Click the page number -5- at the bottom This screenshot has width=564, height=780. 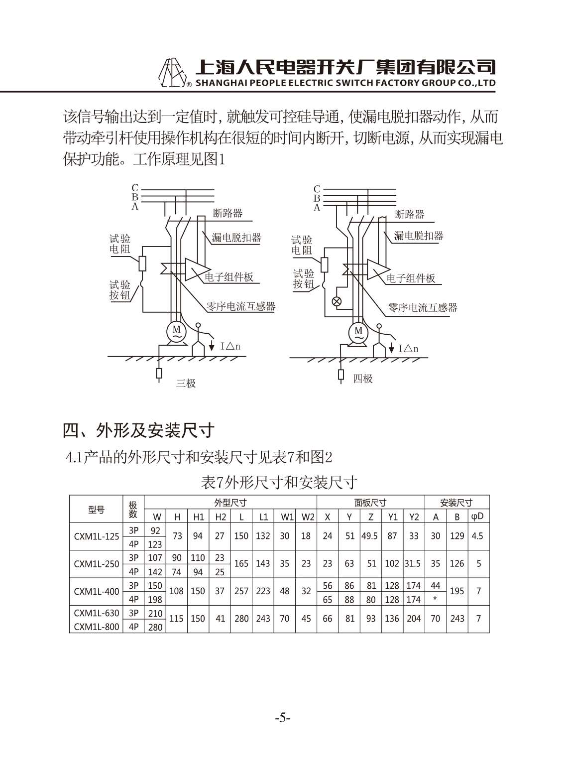282,718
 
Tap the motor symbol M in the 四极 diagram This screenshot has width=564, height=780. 358,333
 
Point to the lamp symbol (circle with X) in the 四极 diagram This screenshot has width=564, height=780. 337,301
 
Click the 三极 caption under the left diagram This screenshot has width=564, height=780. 186,384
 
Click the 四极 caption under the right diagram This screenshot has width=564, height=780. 362,379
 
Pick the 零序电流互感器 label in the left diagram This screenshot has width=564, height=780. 241,306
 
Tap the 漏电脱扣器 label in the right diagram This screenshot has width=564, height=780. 419,236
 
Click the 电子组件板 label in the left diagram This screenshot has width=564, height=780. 229,277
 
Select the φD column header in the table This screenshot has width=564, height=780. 478,517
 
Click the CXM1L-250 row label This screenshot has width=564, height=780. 97,564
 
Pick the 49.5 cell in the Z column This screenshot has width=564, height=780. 369,536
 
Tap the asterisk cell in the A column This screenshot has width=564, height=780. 435,599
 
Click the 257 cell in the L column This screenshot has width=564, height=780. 241,591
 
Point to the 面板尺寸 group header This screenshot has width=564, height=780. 370,503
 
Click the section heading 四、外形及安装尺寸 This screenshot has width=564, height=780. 138,431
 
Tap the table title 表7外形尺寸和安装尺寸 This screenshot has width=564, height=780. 279,483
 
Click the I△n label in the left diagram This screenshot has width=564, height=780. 230,346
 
